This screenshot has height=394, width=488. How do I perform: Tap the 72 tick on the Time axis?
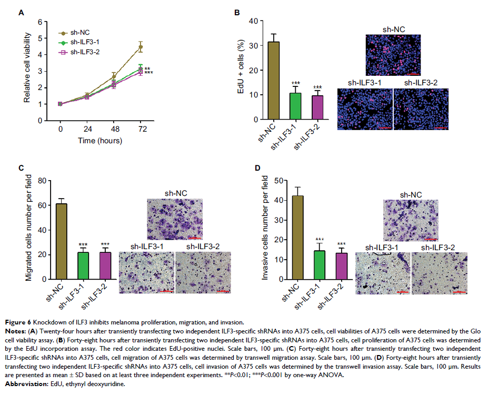pyautogui.click(x=141, y=129)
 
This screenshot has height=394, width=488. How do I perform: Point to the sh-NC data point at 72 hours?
pyautogui.click(x=141, y=47)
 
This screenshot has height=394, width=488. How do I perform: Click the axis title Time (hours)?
pyautogui.click(x=101, y=141)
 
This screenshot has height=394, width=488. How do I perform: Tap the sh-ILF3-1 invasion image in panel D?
pyautogui.click(x=382, y=273)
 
